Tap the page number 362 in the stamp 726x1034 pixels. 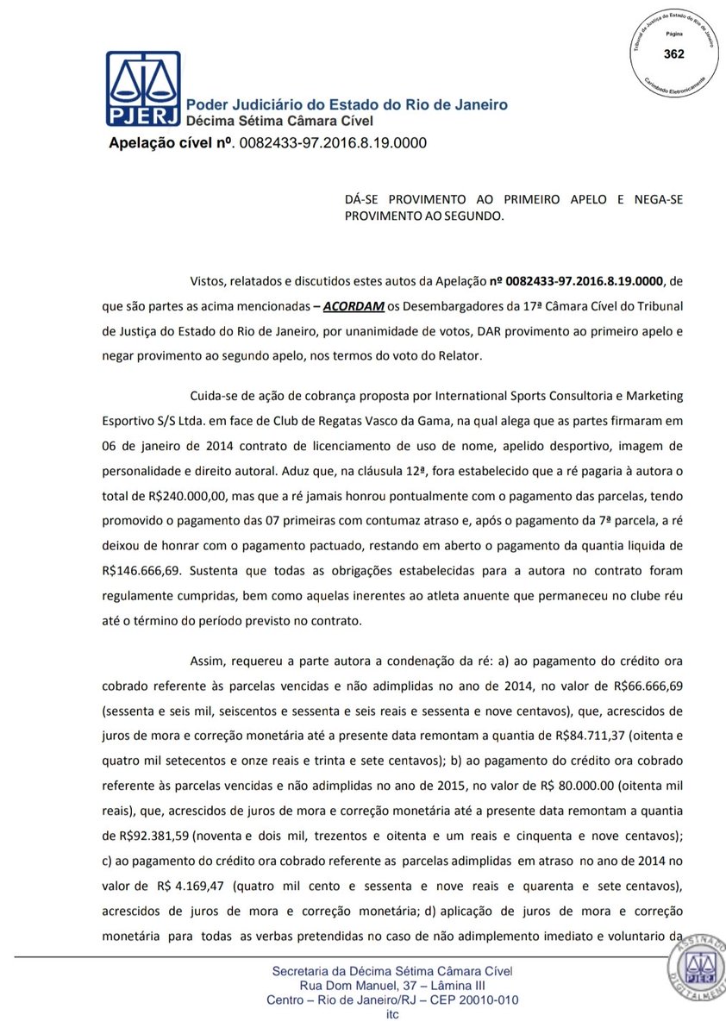(674, 54)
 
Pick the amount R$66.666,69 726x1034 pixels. (648, 686)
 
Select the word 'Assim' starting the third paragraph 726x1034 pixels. (205, 661)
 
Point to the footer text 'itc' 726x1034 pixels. (392, 1014)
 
